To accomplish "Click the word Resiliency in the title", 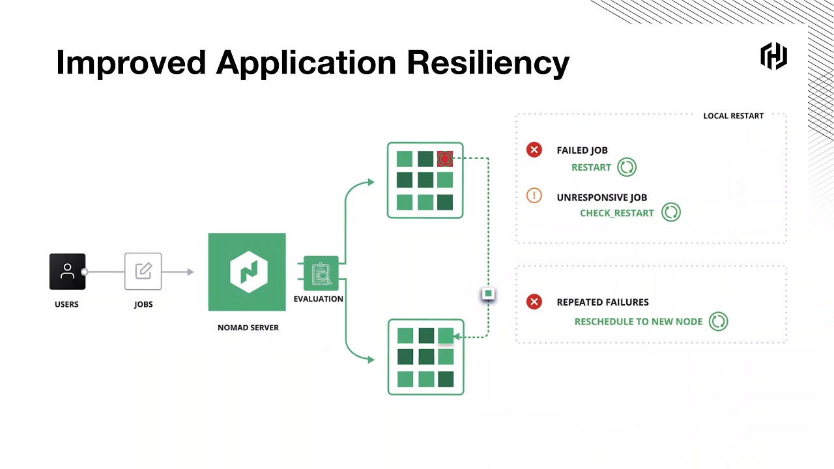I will [488, 63].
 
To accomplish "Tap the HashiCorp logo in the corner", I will [773, 56].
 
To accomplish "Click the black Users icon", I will [67, 272].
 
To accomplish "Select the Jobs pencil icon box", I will [143, 272].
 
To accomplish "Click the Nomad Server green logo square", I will [247, 272].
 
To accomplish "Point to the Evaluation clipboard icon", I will [321, 274].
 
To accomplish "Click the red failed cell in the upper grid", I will [445, 159].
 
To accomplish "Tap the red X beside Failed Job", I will [534, 150].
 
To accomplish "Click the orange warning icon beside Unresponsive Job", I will [534, 195].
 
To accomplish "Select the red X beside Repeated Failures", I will [534, 302].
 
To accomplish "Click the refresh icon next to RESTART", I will [627, 167].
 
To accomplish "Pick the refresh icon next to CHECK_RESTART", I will [671, 212].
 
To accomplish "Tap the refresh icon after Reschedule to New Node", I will [718, 321].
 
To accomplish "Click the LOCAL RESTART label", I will [733, 116].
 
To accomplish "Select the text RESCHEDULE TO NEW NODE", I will [639, 322].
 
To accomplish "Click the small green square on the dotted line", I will [488, 294].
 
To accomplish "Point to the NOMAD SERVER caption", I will [248, 328].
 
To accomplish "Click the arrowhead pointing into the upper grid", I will [371, 182].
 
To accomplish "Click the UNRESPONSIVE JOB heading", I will [601, 197].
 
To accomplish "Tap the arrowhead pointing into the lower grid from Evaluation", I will [371, 360].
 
